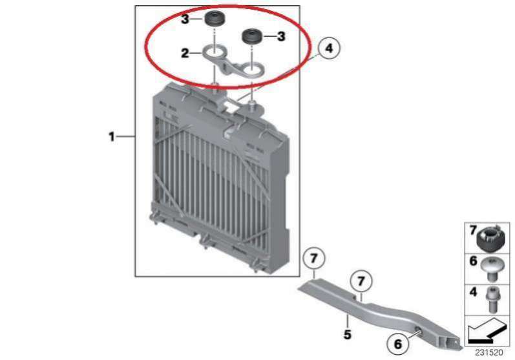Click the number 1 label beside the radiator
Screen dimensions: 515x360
112,136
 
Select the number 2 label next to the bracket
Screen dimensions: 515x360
185,53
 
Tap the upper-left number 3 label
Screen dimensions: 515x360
185,19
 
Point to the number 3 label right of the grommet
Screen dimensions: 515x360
281,36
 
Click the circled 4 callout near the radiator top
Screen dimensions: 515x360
329,48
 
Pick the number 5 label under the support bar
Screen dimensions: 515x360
348,334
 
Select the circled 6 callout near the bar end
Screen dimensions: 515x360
398,344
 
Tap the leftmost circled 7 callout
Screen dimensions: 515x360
314,259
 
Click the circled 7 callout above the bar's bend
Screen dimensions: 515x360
361,281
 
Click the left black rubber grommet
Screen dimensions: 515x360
214,19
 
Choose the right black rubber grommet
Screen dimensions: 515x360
251,36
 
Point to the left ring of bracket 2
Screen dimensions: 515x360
213,52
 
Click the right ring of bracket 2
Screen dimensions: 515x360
252,69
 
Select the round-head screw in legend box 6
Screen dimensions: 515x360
490,269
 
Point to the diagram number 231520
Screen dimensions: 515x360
489,352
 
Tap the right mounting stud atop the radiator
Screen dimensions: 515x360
252,105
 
